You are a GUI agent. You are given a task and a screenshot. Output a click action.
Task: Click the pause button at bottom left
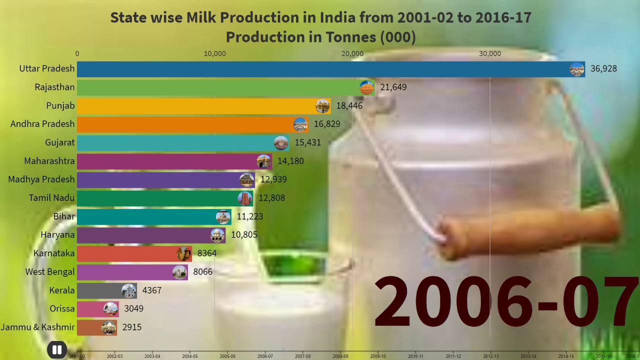pos(57,350)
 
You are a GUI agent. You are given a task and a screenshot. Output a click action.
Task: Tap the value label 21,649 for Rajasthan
pos(393,87)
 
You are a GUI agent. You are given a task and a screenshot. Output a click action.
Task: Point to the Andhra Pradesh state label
pos(42,124)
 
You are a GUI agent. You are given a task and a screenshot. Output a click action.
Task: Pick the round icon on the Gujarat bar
pos(281,143)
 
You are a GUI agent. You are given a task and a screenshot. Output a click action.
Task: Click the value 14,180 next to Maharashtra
pos(290,161)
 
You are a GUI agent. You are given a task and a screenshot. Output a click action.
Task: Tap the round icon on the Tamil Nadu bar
pos(245,198)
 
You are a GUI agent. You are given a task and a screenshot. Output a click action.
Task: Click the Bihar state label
pos(64,216)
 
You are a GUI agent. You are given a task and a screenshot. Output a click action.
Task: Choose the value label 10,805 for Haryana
pos(244,235)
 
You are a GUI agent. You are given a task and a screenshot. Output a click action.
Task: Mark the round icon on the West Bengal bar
pos(179,272)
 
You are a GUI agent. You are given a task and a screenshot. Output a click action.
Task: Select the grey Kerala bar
pos(100,290)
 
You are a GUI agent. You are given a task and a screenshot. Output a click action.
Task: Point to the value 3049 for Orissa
pos(134,309)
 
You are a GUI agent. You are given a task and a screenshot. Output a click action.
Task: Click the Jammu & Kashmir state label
pos(38,327)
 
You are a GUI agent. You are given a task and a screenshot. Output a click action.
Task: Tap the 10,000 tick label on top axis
pos(214,53)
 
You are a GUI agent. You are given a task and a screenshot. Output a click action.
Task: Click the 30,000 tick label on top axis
pos(489,53)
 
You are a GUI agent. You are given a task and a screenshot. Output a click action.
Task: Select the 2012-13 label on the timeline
pos(490,356)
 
